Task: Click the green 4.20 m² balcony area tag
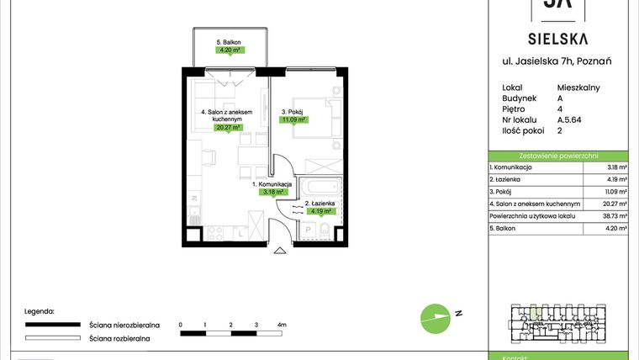224,50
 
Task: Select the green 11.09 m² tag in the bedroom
293,119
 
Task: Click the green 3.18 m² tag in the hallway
272,192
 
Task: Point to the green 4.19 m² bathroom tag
322,212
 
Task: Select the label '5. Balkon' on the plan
224,41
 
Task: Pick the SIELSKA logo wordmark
557,38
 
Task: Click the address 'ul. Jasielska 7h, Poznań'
557,61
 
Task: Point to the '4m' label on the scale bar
282,324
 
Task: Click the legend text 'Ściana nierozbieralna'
120,324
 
